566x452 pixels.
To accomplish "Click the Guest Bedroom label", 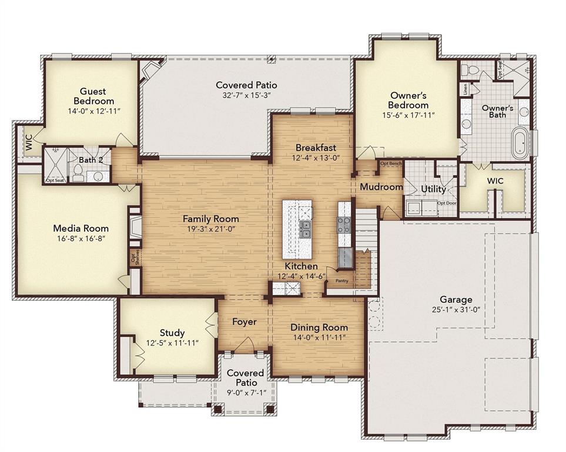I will tap(93, 96).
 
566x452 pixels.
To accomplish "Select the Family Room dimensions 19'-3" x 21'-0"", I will tap(210, 230).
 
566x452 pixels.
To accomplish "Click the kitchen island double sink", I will tap(306, 228).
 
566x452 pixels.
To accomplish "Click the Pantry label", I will tap(341, 281).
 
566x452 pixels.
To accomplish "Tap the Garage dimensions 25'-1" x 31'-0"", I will tap(456, 310).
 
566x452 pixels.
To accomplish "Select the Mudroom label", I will tap(381, 187).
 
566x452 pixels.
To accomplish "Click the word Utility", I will tap(433, 189).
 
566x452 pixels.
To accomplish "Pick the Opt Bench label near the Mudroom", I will tap(390, 163).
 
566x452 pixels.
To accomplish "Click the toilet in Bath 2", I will tap(78, 172).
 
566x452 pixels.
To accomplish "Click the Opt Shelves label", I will tap(135, 258).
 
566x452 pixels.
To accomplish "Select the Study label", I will tap(172, 333).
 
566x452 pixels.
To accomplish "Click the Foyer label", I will tap(244, 322).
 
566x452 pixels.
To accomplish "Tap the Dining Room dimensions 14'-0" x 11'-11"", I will tap(319, 337).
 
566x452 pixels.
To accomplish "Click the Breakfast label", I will tap(316, 147).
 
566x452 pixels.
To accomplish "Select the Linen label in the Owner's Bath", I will tap(465, 89).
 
